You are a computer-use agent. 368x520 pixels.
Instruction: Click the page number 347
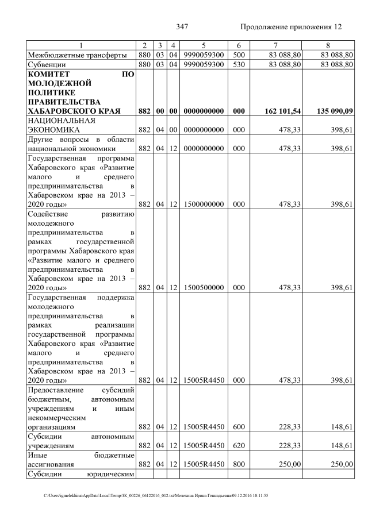pyautogui.click(x=182, y=26)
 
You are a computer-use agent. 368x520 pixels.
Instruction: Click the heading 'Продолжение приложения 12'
pyautogui.click(x=290, y=26)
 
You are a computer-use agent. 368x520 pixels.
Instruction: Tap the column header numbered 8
pyautogui.click(x=328, y=45)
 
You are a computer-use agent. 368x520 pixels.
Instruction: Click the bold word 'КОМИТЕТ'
pyautogui.click(x=49, y=74)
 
